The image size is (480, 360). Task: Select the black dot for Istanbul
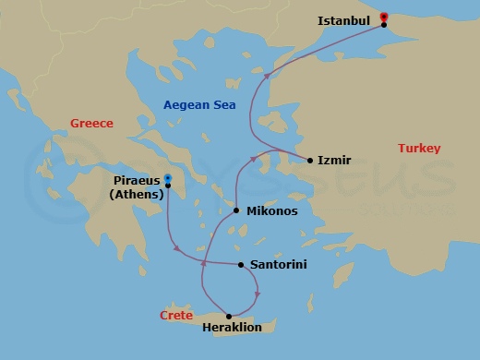[383, 24]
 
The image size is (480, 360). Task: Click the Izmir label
[334, 160]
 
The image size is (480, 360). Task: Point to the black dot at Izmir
[310, 160]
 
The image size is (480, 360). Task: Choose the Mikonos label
[271, 211]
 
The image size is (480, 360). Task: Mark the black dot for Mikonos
[237, 210]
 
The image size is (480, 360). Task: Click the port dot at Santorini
[241, 265]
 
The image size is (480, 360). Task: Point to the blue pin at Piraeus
[168, 179]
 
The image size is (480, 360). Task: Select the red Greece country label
[91, 124]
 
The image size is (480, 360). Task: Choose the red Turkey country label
[419, 149]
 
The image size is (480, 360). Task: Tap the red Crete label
[176, 316]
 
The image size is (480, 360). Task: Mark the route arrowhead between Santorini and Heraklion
[258, 294]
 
